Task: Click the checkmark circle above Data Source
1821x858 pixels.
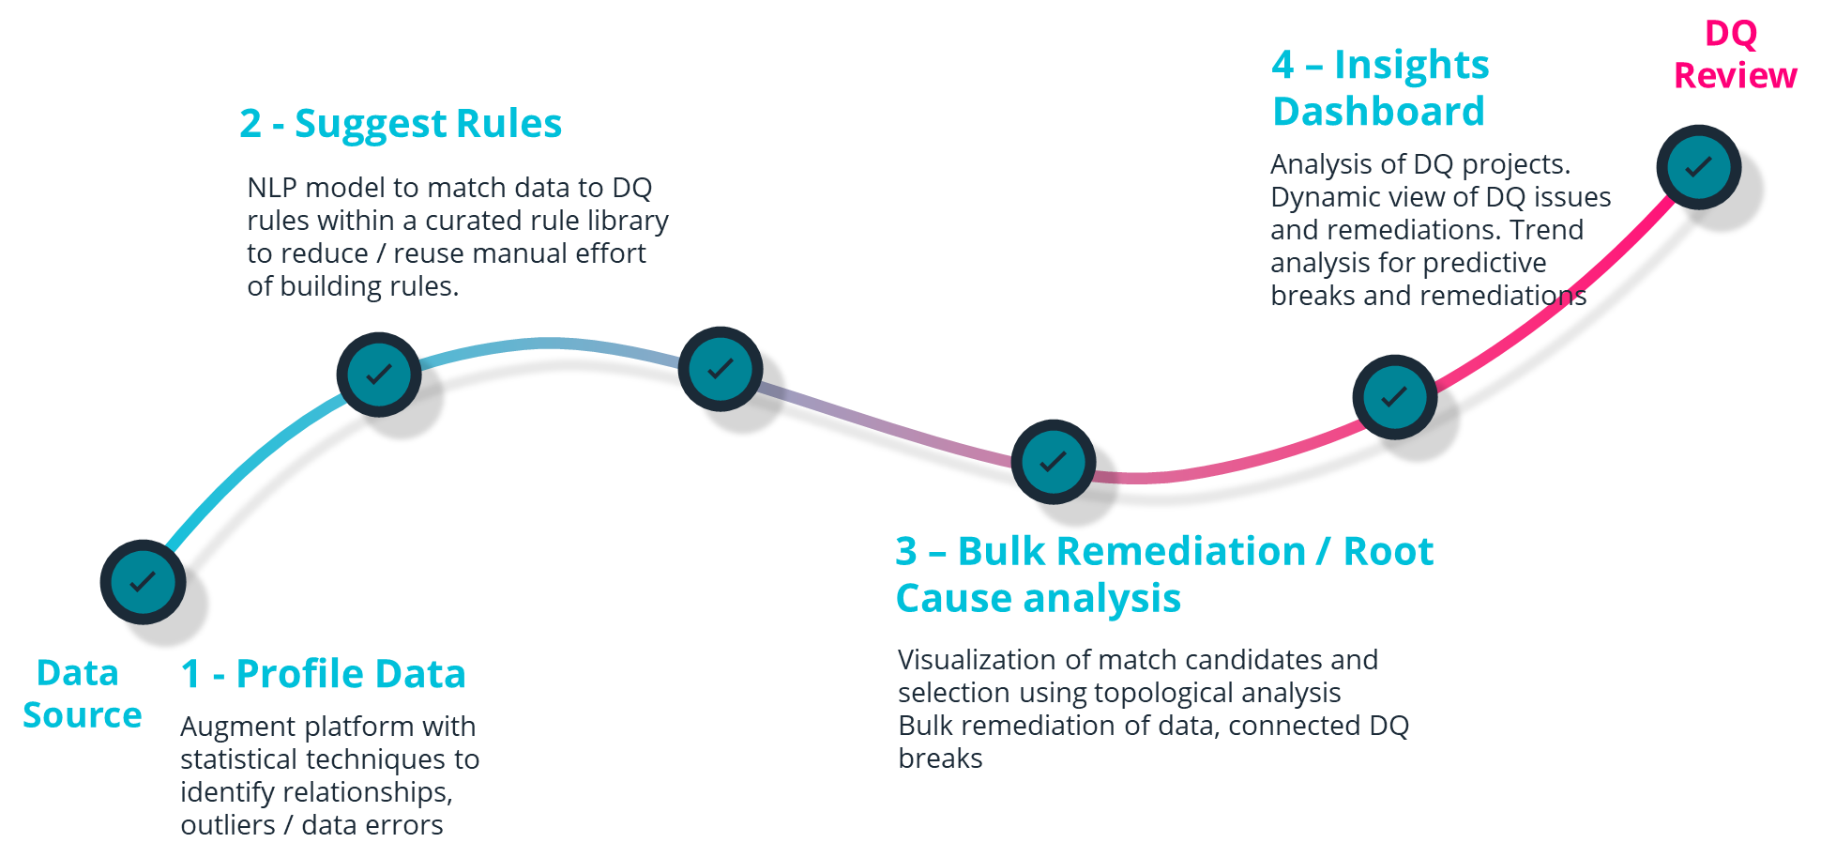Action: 143,582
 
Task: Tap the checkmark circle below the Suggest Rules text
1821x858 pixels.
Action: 378,374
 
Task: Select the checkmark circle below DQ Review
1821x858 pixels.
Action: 1698,167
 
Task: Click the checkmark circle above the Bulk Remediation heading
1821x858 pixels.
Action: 1053,461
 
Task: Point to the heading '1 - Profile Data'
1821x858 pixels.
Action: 323,674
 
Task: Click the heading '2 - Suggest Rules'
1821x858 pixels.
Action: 400,123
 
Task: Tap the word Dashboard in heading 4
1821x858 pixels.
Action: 1378,112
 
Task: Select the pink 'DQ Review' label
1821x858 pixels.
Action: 1734,54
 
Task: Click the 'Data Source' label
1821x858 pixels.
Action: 81,694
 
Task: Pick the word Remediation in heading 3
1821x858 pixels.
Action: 1180,551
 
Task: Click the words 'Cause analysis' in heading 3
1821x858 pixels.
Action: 1038,598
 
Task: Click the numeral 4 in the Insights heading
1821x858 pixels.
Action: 1282,65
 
